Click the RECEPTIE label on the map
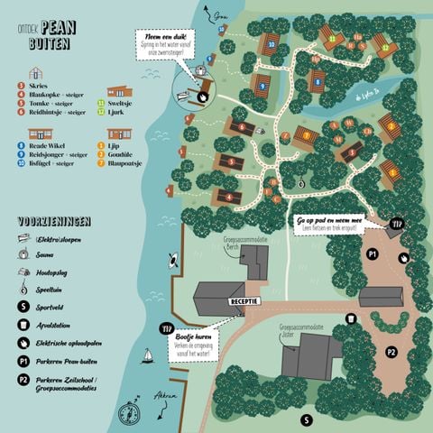point(245,301)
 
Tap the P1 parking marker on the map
point(372,255)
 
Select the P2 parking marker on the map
point(391,352)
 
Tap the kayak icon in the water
point(171,263)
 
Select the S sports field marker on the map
point(306,419)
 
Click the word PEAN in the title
point(60,28)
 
